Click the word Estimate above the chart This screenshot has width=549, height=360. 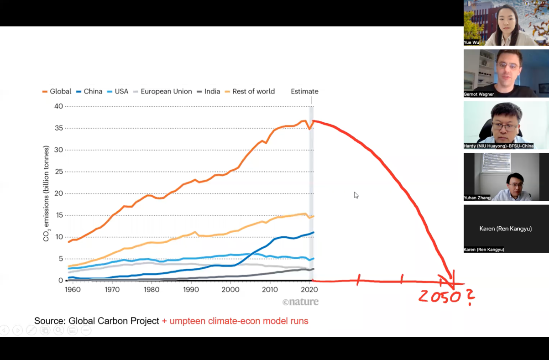pos(304,91)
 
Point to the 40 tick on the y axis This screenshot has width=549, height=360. pos(59,106)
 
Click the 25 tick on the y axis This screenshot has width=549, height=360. pos(59,172)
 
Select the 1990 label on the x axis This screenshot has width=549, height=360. pos(191,289)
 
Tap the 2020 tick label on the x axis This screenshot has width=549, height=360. pos(310,289)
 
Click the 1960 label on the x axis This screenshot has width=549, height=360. pos(73,289)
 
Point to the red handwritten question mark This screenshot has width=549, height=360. pos(470,297)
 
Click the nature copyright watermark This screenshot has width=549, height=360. pos(300,302)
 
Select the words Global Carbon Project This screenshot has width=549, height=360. pos(114,321)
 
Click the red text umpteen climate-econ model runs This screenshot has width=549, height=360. pos(239,321)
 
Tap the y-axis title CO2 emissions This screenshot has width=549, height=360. pos(46,193)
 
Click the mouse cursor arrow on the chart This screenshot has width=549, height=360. pos(356,195)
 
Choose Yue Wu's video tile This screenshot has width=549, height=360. pos(506,23)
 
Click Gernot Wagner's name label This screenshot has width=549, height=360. pos(479,94)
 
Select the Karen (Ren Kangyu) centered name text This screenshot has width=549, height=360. pos(506,229)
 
